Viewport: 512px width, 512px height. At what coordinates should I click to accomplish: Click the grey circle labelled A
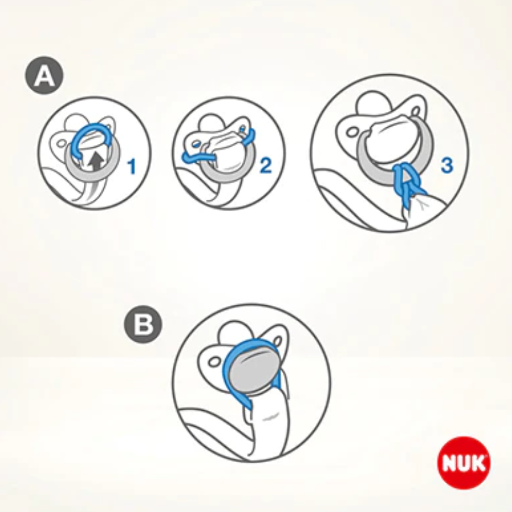pyautogui.click(x=44, y=76)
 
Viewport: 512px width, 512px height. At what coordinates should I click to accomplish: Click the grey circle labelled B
pyautogui.click(x=143, y=324)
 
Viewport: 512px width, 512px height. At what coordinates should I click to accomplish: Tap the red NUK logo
pyautogui.click(x=463, y=462)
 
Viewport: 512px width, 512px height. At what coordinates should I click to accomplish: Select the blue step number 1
pyautogui.click(x=132, y=166)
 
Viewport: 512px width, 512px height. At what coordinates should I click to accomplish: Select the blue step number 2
pyautogui.click(x=266, y=165)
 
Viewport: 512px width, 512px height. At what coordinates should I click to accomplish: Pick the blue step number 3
pyautogui.click(x=447, y=165)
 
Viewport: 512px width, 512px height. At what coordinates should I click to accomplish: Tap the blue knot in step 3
pyautogui.click(x=406, y=183)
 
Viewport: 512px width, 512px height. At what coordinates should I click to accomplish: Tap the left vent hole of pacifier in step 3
pyautogui.click(x=353, y=132)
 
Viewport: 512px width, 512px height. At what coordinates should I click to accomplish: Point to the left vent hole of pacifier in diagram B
pyautogui.click(x=214, y=362)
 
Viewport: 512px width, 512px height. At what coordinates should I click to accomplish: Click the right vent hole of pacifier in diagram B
pyautogui.click(x=278, y=342)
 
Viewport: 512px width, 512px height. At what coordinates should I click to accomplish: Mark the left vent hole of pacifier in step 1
pyautogui.click(x=61, y=143)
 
